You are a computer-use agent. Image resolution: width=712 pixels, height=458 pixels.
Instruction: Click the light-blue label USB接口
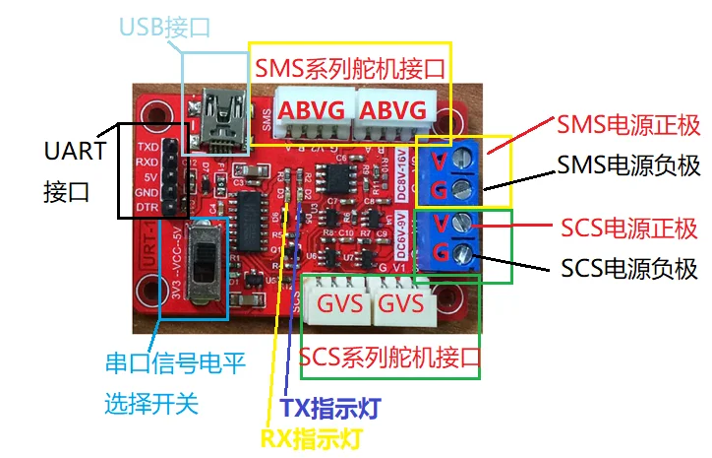(x=164, y=27)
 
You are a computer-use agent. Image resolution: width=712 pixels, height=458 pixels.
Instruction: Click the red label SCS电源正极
(x=629, y=229)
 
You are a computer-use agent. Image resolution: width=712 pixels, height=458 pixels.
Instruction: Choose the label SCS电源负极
(x=629, y=267)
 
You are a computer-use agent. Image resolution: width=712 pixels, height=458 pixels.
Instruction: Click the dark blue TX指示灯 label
(x=330, y=406)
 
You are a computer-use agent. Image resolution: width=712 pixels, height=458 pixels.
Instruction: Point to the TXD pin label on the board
(x=148, y=145)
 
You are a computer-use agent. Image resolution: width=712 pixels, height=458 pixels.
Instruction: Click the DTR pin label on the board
(x=148, y=208)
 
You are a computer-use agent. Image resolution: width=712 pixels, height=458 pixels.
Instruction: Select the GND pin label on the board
(x=148, y=192)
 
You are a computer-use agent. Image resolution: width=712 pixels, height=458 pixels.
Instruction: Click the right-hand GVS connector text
(x=401, y=302)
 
